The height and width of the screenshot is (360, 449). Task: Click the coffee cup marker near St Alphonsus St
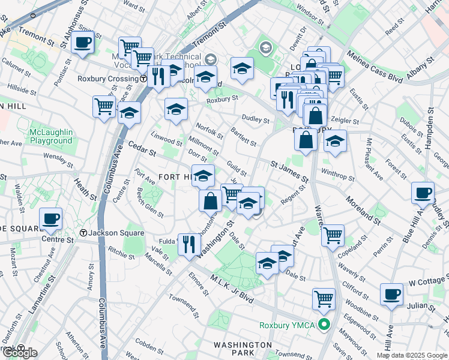(x=82, y=43)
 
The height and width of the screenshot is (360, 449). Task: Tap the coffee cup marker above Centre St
(x=51, y=218)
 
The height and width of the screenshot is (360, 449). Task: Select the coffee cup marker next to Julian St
(x=391, y=294)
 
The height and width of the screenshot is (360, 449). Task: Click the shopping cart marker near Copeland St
(x=333, y=235)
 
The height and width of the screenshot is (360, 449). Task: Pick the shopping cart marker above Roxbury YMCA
(x=324, y=298)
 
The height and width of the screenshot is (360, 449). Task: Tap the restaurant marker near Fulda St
(x=189, y=244)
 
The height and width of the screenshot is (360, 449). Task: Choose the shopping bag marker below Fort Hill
(x=211, y=201)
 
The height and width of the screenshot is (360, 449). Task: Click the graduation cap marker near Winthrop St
(x=336, y=142)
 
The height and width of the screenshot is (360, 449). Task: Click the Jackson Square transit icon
(x=84, y=233)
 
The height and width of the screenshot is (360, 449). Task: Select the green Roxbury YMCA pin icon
(x=325, y=326)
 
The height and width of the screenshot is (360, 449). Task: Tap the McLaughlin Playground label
(x=52, y=136)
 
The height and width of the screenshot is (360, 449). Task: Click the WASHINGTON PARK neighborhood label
(x=244, y=349)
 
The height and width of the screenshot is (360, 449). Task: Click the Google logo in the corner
(x=20, y=353)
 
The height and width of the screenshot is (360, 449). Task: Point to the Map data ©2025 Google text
(x=412, y=355)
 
